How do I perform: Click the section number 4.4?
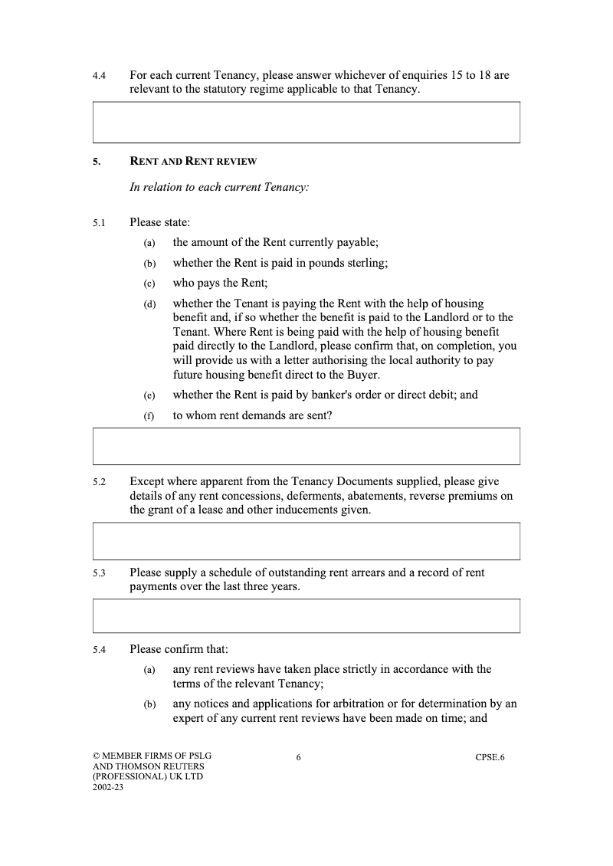(x=98, y=77)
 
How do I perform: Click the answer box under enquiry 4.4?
(x=306, y=123)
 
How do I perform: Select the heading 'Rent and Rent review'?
(x=193, y=162)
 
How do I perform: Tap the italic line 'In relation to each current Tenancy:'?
(x=219, y=187)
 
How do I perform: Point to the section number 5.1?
(x=98, y=223)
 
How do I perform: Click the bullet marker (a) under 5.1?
(x=149, y=243)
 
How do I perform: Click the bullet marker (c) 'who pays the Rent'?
(x=149, y=283)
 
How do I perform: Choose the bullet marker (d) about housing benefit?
(x=149, y=304)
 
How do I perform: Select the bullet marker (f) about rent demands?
(x=149, y=416)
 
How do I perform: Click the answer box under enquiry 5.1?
(x=306, y=446)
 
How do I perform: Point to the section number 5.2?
(x=98, y=483)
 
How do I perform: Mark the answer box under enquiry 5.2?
(x=306, y=541)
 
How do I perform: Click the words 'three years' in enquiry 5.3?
(x=269, y=586)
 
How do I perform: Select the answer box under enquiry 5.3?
(x=306, y=616)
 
